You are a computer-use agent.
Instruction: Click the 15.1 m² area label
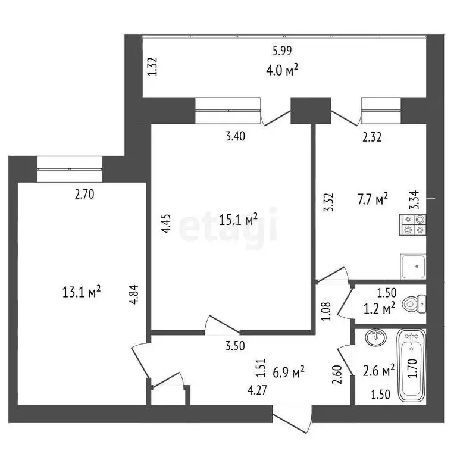pos(238,220)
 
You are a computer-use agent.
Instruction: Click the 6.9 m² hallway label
pos(288,372)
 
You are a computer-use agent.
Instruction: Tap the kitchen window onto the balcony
pos(381,110)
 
